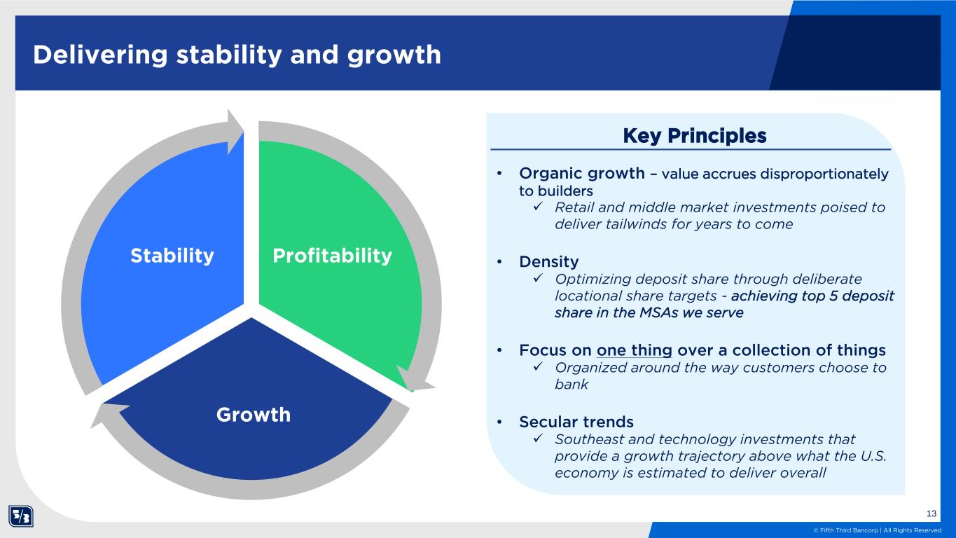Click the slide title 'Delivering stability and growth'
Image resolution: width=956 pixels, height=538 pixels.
click(x=237, y=55)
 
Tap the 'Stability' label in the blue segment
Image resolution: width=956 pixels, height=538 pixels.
click(x=172, y=256)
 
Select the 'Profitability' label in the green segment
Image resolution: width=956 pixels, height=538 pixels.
click(x=332, y=256)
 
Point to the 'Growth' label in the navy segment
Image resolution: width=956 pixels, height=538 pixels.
click(x=254, y=415)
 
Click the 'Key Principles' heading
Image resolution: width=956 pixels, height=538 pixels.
click(x=694, y=136)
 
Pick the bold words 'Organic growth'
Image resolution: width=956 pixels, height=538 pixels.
click(x=582, y=174)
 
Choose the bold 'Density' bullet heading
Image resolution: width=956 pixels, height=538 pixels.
click(x=549, y=261)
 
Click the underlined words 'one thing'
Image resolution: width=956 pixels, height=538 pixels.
click(x=635, y=350)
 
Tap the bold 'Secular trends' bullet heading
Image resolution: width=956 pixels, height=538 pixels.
click(x=576, y=422)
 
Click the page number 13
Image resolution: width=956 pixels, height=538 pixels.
click(x=931, y=513)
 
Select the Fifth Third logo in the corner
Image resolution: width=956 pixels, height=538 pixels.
click(x=21, y=516)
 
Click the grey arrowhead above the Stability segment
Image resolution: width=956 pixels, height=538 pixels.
click(x=235, y=131)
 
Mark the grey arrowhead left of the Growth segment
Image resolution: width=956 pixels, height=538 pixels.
click(x=109, y=414)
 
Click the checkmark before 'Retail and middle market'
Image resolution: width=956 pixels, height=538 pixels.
click(x=538, y=206)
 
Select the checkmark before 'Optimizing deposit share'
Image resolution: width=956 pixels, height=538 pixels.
click(x=538, y=278)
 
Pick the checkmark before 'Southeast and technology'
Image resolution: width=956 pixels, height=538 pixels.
click(x=538, y=438)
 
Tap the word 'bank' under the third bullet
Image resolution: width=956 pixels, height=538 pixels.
click(x=571, y=385)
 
